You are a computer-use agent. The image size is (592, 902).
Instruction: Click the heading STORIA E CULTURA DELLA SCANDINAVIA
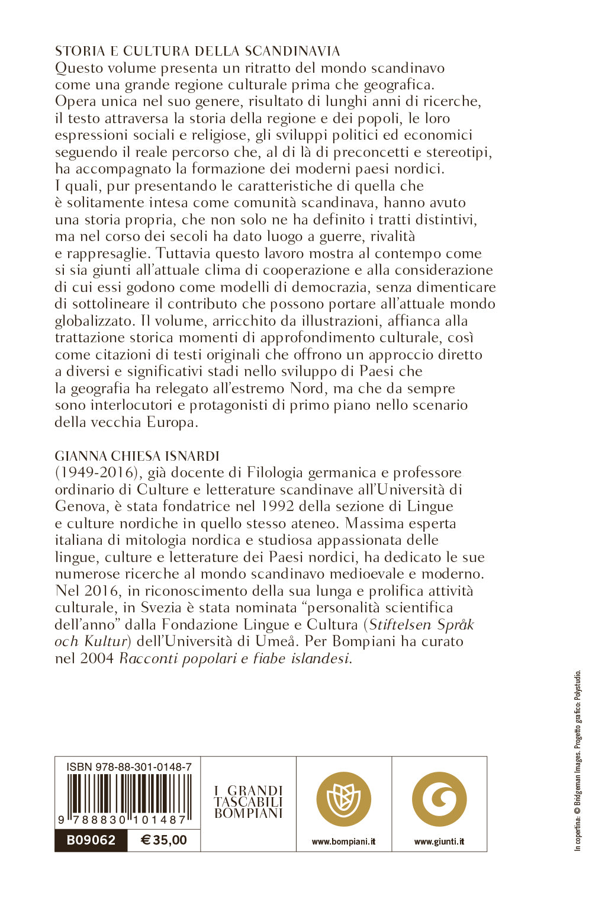(197, 51)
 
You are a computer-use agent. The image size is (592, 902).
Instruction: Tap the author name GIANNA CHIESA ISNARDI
(137, 456)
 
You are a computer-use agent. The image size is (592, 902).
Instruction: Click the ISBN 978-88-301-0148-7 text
(129, 766)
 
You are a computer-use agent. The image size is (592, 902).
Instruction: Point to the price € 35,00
(164, 840)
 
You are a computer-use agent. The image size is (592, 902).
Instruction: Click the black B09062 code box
(91, 840)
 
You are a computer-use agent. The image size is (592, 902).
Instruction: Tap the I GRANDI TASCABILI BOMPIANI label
(249, 802)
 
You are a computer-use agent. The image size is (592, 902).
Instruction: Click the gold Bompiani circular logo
(343, 799)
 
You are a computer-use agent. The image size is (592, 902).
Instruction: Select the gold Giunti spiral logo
(439, 799)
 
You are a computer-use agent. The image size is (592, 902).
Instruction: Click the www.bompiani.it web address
(343, 841)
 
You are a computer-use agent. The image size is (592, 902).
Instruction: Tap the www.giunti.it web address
(439, 841)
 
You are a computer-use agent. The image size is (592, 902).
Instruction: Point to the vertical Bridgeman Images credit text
(578, 761)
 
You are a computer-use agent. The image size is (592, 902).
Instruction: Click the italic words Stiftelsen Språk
(422, 625)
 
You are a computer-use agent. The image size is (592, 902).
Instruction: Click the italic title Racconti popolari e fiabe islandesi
(235, 659)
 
